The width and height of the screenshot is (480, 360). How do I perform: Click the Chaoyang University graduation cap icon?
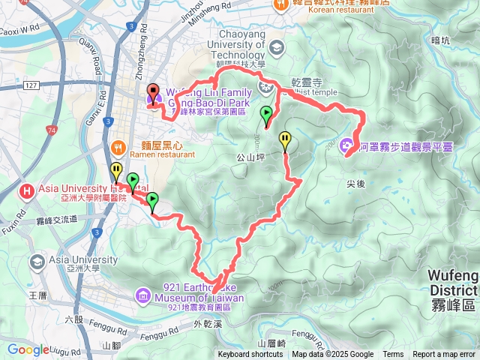click(276, 48)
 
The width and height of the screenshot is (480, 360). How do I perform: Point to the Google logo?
click(28, 349)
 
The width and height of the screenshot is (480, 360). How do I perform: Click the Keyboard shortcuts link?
click(250, 355)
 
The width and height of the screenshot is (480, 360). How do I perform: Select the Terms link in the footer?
click(393, 355)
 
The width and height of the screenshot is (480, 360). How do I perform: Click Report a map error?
click(445, 355)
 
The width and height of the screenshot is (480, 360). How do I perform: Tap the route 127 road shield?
click(31, 85)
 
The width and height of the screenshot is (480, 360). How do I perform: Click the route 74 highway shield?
click(51, 130)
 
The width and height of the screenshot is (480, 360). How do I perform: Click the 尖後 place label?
click(355, 182)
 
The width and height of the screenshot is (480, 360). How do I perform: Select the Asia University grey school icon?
click(37, 262)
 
